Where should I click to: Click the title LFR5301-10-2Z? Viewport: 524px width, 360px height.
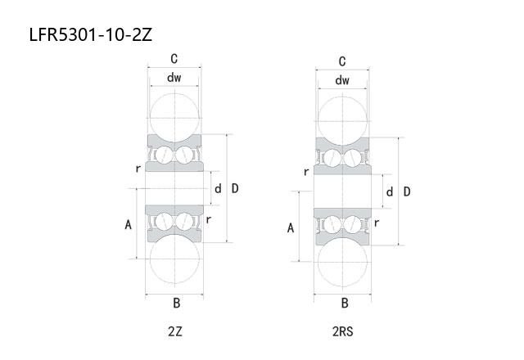pos(91,34)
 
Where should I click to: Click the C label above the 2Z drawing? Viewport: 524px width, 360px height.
pos(174,59)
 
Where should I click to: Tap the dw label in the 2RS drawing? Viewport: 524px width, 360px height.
pos(342,80)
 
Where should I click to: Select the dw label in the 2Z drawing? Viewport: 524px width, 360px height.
pos(174,78)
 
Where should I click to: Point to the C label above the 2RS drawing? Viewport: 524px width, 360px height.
pos(342,61)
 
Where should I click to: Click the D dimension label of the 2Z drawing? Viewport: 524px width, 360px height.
pos(235,188)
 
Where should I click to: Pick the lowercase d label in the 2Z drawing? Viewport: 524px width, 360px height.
pos(218,189)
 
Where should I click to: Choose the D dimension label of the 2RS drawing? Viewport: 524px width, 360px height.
pos(407,191)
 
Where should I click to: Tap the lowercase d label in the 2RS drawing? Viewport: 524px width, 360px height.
pos(390,192)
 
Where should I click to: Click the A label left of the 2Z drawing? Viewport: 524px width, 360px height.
pos(128,225)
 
